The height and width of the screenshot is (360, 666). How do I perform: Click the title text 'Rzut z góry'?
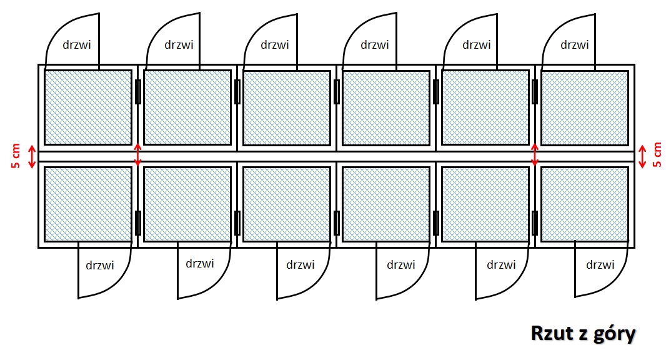[x=583, y=334]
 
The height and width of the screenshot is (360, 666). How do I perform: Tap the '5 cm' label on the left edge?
[x=16, y=156]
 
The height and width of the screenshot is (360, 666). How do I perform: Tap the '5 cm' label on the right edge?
[x=657, y=155]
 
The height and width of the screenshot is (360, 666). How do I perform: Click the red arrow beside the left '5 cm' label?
[x=32, y=157]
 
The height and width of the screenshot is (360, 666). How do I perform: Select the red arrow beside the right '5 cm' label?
[x=643, y=156]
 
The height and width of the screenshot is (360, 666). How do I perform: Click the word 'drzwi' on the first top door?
[x=77, y=44]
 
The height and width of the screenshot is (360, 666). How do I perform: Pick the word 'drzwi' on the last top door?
[x=575, y=44]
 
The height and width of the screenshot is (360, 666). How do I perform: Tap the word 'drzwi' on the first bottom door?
[x=100, y=265]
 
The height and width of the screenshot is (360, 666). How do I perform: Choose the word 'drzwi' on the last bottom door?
[x=600, y=265]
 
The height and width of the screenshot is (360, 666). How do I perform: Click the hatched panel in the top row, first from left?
[x=88, y=107]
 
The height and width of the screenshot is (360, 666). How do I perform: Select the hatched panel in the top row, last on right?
[x=585, y=107]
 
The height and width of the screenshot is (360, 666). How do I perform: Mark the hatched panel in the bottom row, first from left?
[x=88, y=204]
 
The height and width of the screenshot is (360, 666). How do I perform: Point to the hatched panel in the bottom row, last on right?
[x=585, y=204]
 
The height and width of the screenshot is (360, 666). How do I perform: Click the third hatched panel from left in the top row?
[x=287, y=107]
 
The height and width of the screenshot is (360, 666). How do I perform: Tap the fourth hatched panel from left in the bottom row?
[x=386, y=204]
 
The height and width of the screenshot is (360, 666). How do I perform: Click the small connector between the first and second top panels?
[x=137, y=92]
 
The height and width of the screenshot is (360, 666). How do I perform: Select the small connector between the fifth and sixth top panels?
[x=535, y=92]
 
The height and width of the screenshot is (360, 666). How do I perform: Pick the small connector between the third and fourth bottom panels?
[x=336, y=222]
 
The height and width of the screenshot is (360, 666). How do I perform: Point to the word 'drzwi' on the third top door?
[x=275, y=44]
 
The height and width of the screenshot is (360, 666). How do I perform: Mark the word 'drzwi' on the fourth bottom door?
[x=401, y=265]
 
